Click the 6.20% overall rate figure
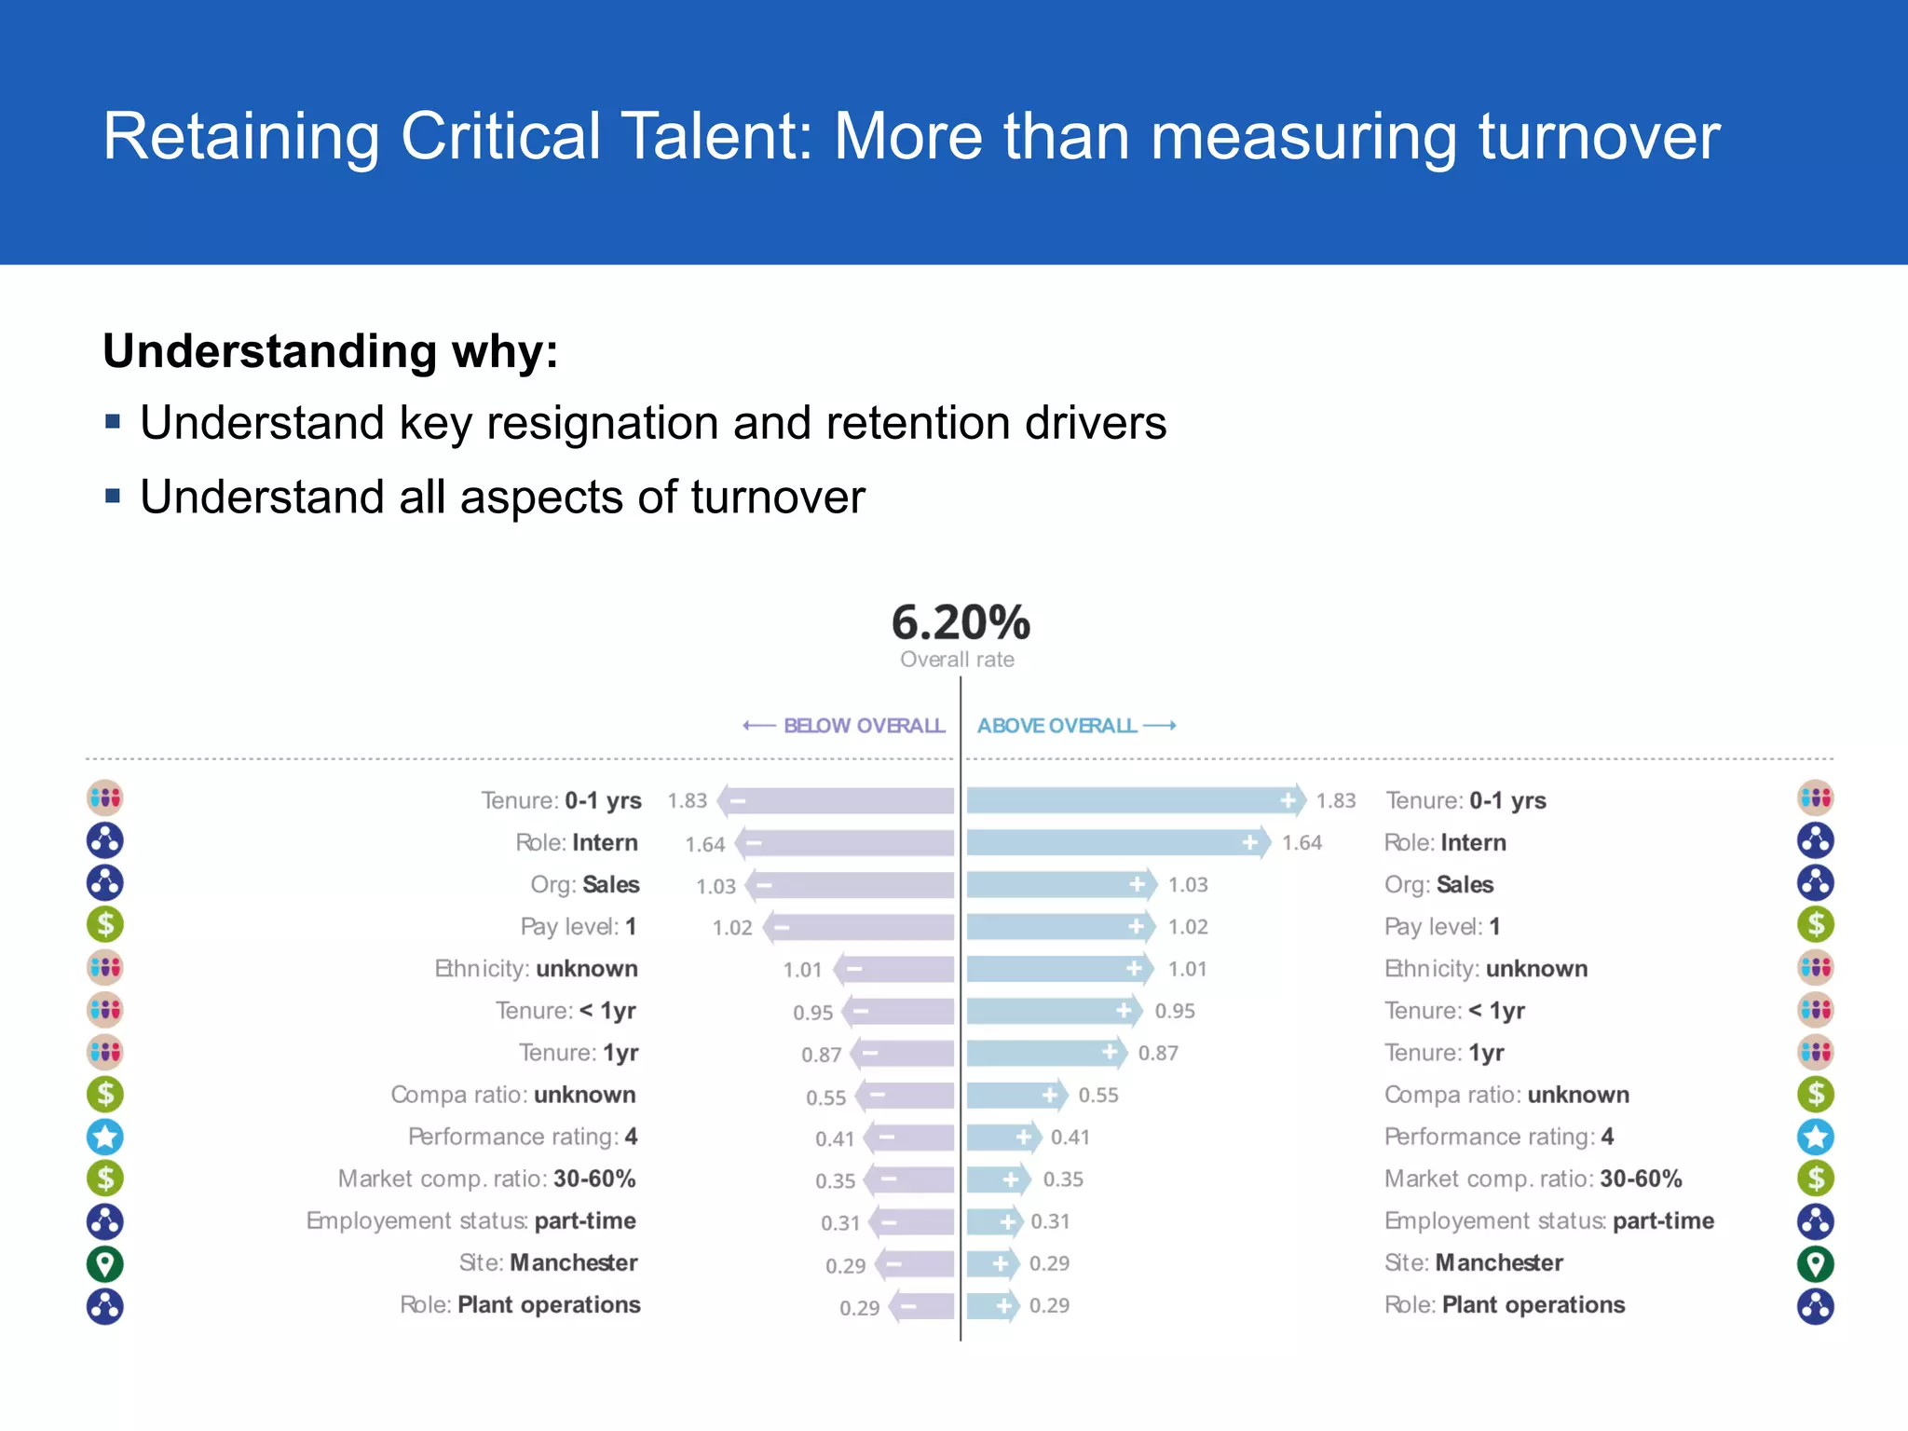[961, 623]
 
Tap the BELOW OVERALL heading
[863, 726]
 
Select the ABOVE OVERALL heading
[1057, 726]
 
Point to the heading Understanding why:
[331, 352]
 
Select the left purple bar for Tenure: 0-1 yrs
[838, 800]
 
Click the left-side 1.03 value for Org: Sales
[715, 886]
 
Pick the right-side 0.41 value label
[1070, 1138]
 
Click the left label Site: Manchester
[548, 1263]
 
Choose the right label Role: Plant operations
[1505, 1305]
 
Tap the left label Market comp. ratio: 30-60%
[486, 1179]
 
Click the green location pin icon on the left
[105, 1264]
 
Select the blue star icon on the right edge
[1816, 1137]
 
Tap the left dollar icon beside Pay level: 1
[105, 925]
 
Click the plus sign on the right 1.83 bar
[1288, 800]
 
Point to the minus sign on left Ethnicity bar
[854, 969]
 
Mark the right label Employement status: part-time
[1548, 1221]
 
